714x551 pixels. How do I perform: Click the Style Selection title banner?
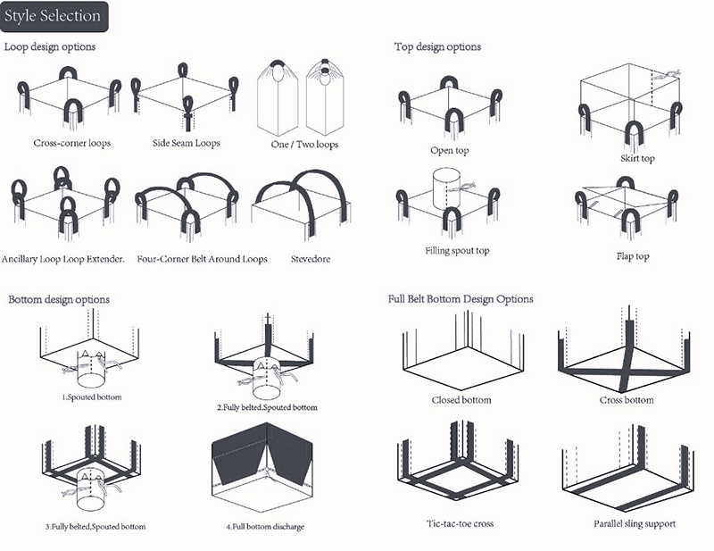click(52, 16)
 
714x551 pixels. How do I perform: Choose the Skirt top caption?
click(637, 159)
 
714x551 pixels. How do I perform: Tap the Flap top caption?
click(633, 256)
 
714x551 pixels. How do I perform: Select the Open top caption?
click(450, 151)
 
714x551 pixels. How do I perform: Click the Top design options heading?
click(437, 46)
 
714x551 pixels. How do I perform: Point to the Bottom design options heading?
click(59, 299)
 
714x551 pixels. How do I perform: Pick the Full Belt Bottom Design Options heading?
click(461, 299)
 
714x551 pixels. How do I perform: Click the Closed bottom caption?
click(461, 399)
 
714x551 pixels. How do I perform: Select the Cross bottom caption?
click(627, 399)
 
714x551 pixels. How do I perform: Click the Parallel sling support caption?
click(633, 522)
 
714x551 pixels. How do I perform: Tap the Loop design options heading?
click(50, 46)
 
